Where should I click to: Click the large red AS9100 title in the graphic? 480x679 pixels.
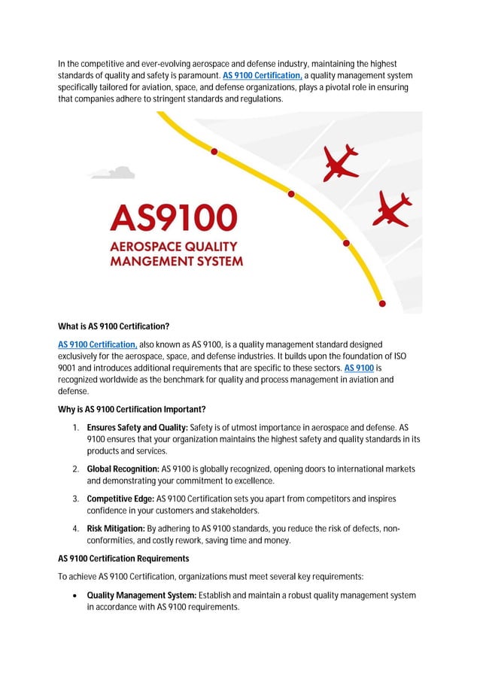coord(174,218)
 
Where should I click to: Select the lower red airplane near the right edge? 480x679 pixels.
coord(393,208)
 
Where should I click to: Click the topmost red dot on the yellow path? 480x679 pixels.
coord(214,151)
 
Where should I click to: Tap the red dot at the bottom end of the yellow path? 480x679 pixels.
coord(382,304)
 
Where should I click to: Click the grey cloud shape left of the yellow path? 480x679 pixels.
coord(112,173)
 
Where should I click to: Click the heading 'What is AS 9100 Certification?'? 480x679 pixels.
coord(114,327)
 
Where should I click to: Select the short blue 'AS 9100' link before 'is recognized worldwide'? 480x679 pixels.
coord(359,368)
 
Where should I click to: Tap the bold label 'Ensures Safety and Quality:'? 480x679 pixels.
coord(137,428)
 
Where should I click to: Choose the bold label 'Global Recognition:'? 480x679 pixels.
coord(123,469)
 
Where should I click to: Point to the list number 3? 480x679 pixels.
coord(76,499)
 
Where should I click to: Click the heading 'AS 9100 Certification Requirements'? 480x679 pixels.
coord(123,559)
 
